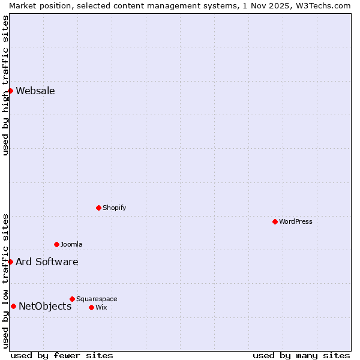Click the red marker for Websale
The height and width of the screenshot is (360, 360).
coord(10,91)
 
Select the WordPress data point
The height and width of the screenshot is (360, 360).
coord(275,221)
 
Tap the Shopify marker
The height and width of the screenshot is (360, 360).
coord(98,208)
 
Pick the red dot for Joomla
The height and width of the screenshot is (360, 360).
coord(56,244)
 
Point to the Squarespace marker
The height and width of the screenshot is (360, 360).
coord(72,299)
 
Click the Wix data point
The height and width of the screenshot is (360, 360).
coord(91,307)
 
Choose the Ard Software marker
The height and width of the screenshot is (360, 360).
coord(10,262)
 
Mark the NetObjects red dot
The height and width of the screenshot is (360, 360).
coord(13,306)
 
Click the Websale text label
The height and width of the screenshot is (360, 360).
coord(35,91)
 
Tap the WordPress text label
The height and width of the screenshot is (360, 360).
coord(296,221)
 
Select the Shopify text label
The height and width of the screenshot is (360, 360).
coord(115,208)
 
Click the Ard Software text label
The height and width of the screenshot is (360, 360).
coord(47,262)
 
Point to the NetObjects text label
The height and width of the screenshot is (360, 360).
coord(45,307)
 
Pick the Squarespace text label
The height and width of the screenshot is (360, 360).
coord(97,299)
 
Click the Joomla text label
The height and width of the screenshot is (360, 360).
coord(71,244)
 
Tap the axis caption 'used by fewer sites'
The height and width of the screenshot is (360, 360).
coord(62,355)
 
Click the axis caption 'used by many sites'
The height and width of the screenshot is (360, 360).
coord(301,355)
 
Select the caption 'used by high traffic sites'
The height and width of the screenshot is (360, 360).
coord(5,85)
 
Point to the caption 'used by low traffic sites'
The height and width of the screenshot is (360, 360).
coord(5,281)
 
